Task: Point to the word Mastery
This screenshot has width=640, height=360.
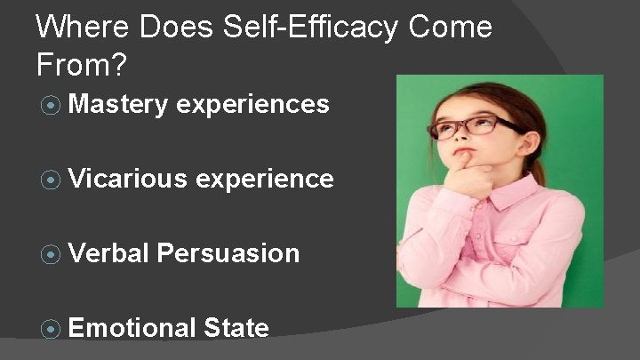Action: [117, 106]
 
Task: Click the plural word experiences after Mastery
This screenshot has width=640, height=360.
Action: [253, 106]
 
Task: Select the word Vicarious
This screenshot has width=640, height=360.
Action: [126, 180]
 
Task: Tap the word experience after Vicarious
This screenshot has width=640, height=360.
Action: [264, 180]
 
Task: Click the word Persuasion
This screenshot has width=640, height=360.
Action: [229, 253]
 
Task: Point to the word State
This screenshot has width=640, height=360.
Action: [236, 328]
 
